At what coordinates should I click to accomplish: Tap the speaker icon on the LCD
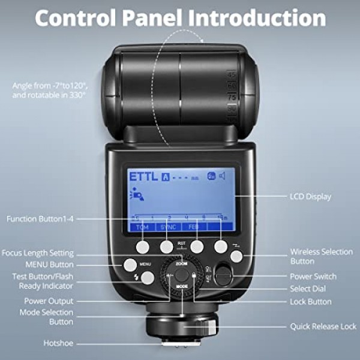click(x=221, y=176)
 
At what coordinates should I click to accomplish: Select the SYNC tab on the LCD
click(x=169, y=227)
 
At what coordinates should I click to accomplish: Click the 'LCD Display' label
click(x=311, y=196)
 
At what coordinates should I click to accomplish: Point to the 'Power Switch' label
click(x=313, y=277)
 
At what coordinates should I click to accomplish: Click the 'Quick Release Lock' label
click(x=323, y=326)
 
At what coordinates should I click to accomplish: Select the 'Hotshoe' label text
click(x=58, y=343)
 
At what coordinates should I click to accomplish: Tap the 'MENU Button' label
click(x=49, y=264)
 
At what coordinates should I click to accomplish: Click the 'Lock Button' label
click(x=311, y=301)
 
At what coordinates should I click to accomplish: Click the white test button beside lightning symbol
click(x=147, y=277)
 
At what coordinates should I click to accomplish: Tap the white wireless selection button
click(x=236, y=256)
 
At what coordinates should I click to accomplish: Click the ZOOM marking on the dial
click(x=181, y=263)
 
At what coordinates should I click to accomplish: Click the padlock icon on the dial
click(x=193, y=275)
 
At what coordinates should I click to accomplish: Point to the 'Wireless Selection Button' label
click(x=321, y=256)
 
